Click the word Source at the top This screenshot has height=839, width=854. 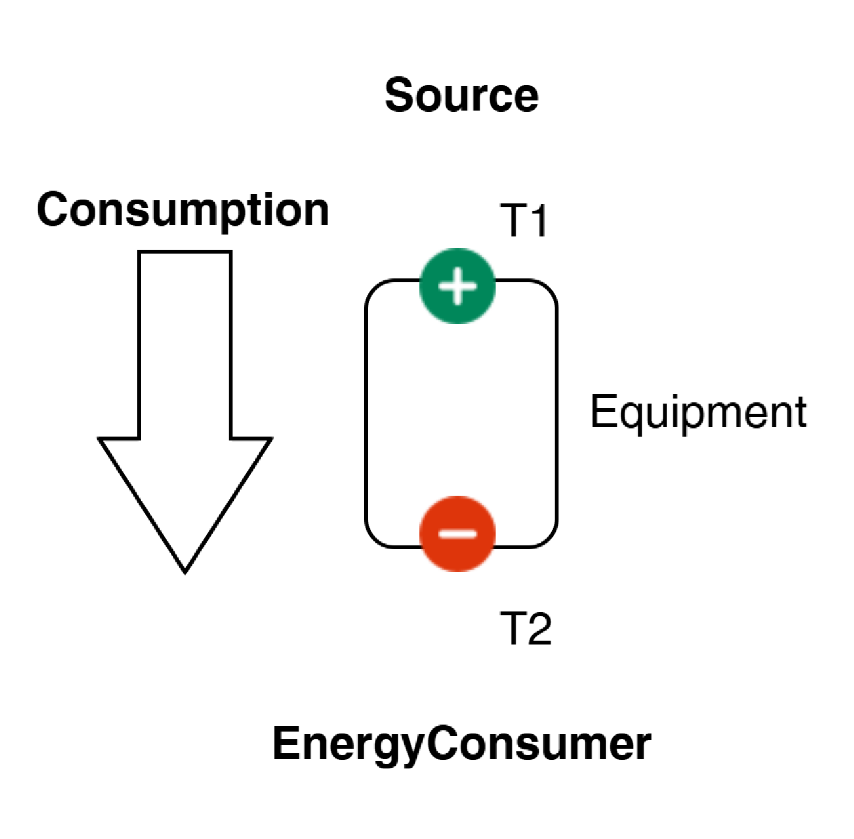tap(461, 95)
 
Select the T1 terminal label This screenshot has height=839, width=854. tap(524, 221)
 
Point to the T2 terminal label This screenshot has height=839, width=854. tap(525, 628)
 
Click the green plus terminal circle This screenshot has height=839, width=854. tap(457, 286)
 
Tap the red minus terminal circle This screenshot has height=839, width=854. tap(457, 534)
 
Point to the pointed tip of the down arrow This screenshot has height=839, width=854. tap(186, 573)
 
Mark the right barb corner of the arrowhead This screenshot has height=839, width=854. tap(271, 439)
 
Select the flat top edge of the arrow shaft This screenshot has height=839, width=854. tap(186, 252)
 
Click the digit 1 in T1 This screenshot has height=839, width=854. tap(539, 221)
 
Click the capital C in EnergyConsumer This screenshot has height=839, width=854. tap(442, 743)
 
